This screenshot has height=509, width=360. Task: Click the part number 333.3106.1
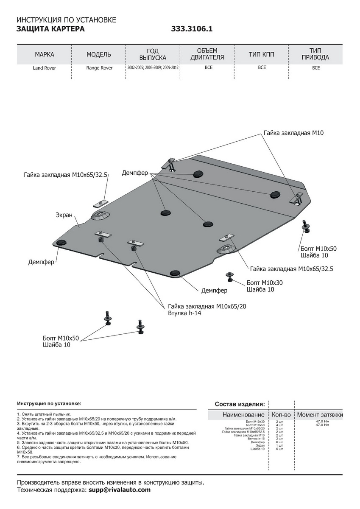192,29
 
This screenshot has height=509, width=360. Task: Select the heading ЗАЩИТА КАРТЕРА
50,29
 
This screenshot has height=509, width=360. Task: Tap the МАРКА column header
45,55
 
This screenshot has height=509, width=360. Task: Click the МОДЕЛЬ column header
99,55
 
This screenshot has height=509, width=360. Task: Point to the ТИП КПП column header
262,55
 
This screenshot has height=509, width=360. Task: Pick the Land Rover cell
45,68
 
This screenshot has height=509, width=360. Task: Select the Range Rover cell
99,68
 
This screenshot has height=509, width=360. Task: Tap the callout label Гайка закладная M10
293,133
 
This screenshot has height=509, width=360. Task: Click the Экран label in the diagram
64,215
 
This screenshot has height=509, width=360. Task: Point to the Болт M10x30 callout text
264,283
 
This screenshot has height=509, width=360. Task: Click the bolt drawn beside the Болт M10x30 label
229,276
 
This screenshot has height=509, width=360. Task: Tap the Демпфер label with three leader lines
135,173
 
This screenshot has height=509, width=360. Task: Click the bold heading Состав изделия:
240,404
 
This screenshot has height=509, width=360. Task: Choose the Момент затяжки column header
320,414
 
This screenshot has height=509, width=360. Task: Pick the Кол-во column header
281,414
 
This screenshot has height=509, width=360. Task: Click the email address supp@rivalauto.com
120,490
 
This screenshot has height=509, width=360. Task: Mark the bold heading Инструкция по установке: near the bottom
49,403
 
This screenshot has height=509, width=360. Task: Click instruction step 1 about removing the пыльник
44,414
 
